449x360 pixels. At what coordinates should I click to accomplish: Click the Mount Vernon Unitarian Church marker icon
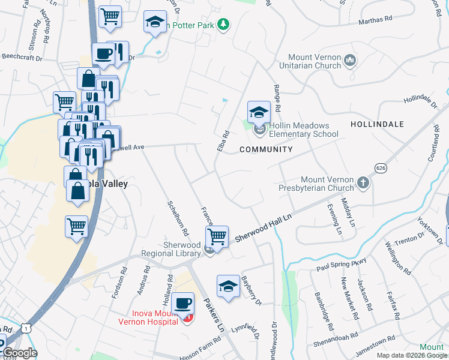(x=351, y=61)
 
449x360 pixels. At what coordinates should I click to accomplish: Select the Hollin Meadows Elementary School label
(x=304, y=130)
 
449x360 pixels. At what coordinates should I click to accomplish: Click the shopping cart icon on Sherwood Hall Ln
(x=217, y=236)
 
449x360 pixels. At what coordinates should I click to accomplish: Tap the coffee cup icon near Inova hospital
(x=182, y=303)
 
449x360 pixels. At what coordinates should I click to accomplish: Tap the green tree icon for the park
(x=223, y=25)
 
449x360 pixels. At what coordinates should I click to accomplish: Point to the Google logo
(x=20, y=353)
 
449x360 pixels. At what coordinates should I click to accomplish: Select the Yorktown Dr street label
(x=436, y=233)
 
